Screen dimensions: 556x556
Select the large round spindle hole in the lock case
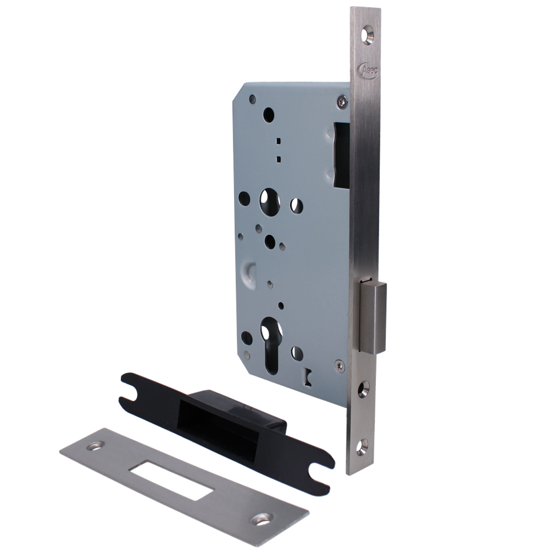[270, 199]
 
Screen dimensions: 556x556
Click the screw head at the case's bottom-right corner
[339, 364]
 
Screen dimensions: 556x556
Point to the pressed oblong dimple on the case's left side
[246, 270]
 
